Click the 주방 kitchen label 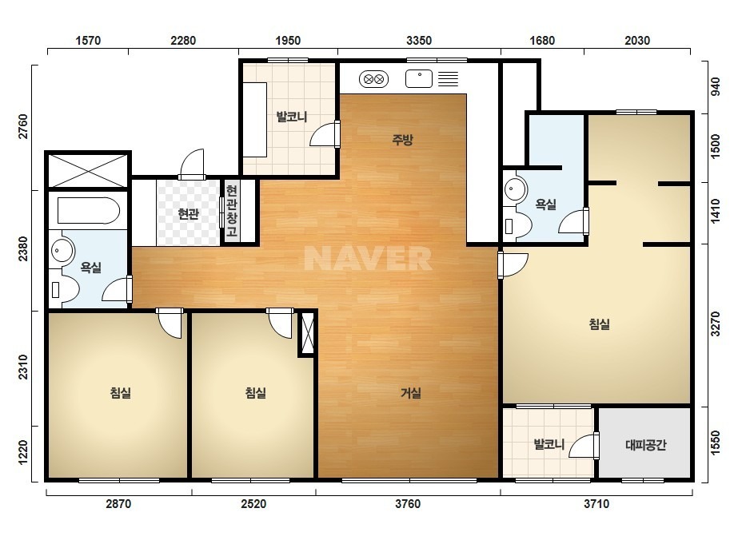pyautogui.click(x=402, y=139)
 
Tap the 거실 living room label pyautogui.click(x=410, y=392)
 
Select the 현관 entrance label pyautogui.click(x=188, y=214)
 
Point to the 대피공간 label pyautogui.click(x=646, y=444)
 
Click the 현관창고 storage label pyautogui.click(x=232, y=211)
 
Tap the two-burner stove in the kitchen pyautogui.click(x=373, y=79)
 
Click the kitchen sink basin pyautogui.click(x=419, y=78)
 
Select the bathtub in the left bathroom pyautogui.click(x=89, y=210)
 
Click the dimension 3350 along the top pyautogui.click(x=419, y=41)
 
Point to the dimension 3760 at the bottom pyautogui.click(x=408, y=504)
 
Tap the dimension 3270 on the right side pyautogui.click(x=716, y=324)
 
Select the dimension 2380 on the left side pyautogui.click(x=23, y=248)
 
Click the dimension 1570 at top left pyautogui.click(x=88, y=41)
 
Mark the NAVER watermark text pyautogui.click(x=368, y=258)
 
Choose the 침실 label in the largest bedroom pyautogui.click(x=599, y=324)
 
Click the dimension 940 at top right pyautogui.click(x=716, y=86)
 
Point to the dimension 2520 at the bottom pyautogui.click(x=253, y=504)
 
